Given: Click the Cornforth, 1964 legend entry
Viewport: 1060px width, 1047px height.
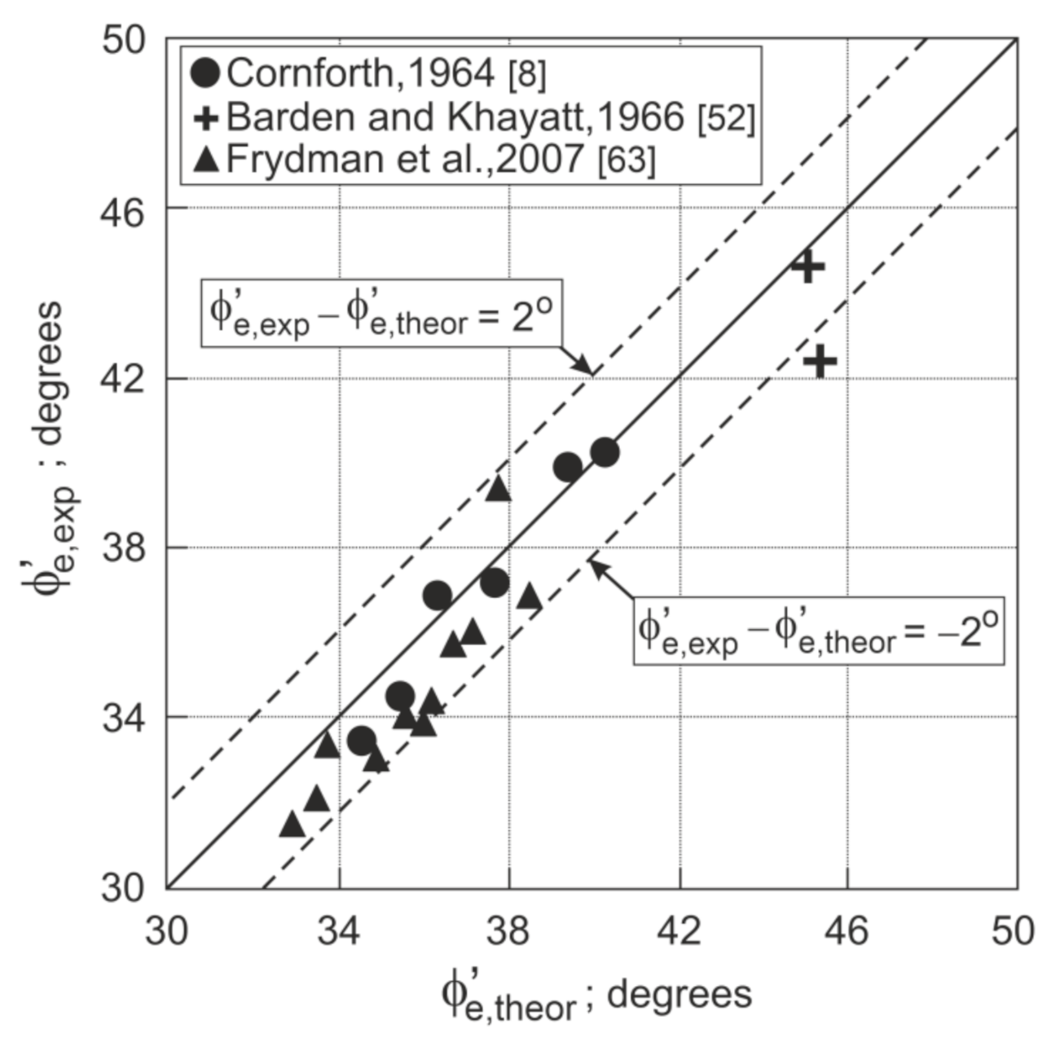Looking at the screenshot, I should [x=368, y=73].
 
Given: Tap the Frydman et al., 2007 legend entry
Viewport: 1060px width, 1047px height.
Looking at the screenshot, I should [x=424, y=159].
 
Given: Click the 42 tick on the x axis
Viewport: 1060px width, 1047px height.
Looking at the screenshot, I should [x=679, y=930].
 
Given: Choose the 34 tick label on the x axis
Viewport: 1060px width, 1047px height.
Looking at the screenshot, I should [x=339, y=930].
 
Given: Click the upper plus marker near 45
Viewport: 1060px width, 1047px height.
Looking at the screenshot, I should [x=807, y=266].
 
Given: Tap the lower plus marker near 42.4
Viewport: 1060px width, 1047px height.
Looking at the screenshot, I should [x=820, y=361].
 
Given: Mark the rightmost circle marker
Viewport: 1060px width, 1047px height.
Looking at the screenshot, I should [x=605, y=452].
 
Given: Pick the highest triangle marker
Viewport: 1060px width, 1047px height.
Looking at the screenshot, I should [x=498, y=489].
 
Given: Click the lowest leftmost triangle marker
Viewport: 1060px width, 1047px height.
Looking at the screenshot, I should [x=292, y=825].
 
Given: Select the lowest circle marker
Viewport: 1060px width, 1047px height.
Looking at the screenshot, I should [x=361, y=741].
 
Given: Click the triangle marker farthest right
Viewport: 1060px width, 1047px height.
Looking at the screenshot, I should [x=530, y=597].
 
